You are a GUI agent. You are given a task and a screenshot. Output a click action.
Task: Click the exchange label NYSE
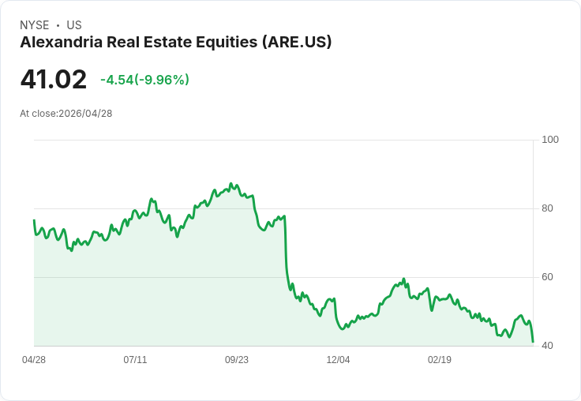click(x=34, y=25)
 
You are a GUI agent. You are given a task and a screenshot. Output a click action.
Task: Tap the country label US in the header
click(x=74, y=25)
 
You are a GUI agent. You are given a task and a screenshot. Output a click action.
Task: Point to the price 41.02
click(x=53, y=80)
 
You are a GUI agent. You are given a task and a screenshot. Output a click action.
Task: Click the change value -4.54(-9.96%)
click(x=144, y=80)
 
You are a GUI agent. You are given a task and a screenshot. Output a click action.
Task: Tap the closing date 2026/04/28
click(x=85, y=114)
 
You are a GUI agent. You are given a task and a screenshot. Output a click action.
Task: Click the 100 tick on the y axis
click(x=550, y=140)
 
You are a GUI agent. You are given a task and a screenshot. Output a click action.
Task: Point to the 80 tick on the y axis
click(x=547, y=208)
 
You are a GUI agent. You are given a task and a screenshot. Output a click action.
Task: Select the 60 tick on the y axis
click(x=547, y=277)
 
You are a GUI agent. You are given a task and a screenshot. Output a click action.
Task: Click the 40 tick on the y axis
click(x=547, y=346)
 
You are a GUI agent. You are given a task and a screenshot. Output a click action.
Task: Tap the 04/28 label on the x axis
click(x=34, y=360)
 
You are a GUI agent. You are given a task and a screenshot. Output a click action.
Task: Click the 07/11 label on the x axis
click(x=135, y=360)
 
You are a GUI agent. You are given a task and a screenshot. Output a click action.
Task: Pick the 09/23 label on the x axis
click(x=237, y=360)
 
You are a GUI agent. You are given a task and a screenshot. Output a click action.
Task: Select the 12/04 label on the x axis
click(x=338, y=360)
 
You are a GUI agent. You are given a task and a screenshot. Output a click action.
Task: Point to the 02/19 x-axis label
click(x=440, y=360)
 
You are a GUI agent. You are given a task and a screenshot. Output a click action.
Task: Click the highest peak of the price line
click(x=231, y=184)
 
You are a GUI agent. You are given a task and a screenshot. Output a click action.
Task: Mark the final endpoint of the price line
click(x=533, y=342)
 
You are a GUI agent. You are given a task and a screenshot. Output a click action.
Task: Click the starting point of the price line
click(x=34, y=220)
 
